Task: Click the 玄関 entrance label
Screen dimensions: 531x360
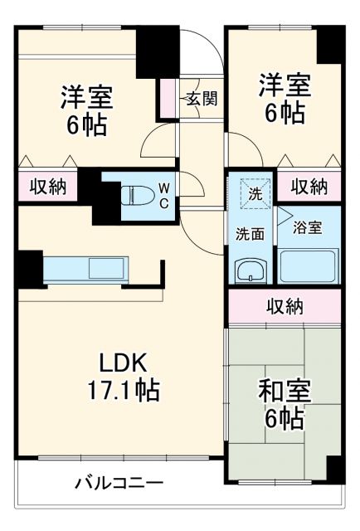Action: [x=201, y=99]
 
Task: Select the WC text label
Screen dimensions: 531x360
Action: [x=163, y=195]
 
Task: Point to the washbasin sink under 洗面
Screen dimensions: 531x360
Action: [x=250, y=270]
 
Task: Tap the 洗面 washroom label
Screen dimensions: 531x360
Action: [x=250, y=233]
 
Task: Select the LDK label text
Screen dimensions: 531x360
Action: [x=123, y=362]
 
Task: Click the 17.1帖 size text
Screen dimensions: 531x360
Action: [x=123, y=388]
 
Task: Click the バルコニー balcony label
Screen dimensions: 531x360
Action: [x=119, y=482]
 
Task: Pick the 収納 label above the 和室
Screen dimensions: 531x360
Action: [x=285, y=306]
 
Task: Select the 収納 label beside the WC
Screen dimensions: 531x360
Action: [x=47, y=187]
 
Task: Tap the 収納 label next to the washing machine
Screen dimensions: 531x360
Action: [x=309, y=187]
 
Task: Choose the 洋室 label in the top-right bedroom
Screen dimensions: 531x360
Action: [x=284, y=85]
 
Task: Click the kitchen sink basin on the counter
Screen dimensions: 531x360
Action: [x=106, y=268]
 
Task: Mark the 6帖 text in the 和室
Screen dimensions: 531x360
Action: [x=284, y=419]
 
